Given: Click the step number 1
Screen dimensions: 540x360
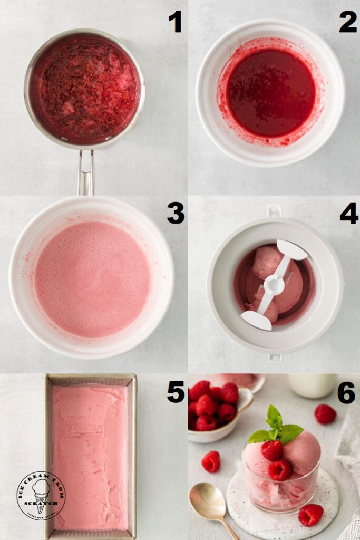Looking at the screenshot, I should click(175, 22).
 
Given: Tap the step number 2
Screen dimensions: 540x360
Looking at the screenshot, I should click(347, 22).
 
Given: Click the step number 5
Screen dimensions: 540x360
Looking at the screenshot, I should click(175, 391).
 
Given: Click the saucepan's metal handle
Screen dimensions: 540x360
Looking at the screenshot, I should click(86, 172).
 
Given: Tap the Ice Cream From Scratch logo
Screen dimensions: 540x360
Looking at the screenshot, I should click(41, 495).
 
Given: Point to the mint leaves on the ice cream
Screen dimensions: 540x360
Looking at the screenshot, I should click(275, 427).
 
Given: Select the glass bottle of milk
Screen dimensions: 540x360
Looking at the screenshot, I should click(313, 385).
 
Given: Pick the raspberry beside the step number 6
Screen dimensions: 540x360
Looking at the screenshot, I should click(325, 414).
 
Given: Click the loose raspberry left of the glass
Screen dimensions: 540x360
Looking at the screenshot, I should click(211, 461).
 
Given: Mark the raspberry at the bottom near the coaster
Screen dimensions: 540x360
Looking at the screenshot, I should click(310, 515).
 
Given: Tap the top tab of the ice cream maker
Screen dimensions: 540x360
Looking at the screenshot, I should click(274, 210).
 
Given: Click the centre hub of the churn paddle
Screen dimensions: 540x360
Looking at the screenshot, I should click(274, 285).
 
